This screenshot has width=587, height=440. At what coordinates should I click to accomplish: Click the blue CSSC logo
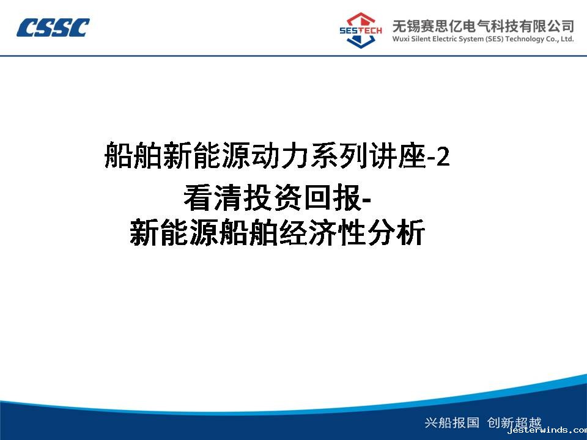pos(53,28)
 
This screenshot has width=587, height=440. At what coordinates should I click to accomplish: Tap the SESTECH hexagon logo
pos(361,31)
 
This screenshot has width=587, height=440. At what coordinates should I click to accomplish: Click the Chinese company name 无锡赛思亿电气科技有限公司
pos(483,26)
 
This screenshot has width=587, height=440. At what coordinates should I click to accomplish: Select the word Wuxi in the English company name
pos(401,39)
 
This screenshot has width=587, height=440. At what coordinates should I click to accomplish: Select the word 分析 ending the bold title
pos(396,233)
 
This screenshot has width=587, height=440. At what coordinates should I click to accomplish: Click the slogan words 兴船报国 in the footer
pos(452,422)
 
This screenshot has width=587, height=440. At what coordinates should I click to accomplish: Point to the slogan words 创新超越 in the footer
pos(514,422)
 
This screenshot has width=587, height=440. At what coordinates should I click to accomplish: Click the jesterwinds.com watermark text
pos(547,431)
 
